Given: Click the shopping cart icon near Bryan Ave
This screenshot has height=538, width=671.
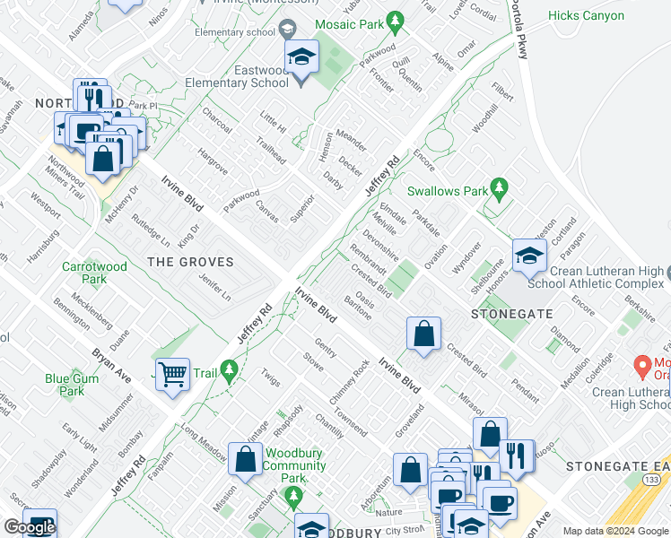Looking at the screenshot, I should pyautogui.click(x=172, y=374).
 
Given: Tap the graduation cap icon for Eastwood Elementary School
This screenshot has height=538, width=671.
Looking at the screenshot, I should pyautogui.click(x=302, y=59).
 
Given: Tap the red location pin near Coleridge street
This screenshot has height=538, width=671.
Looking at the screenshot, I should pyautogui.click(x=641, y=366).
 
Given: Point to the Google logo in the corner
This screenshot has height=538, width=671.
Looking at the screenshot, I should pyautogui.click(x=29, y=527).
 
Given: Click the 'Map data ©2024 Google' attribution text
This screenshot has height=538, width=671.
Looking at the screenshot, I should pyautogui.click(x=614, y=531).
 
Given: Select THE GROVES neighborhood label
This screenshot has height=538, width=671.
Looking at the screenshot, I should pyautogui.click(x=190, y=263).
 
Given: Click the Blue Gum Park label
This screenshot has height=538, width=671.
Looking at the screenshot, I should pyautogui.click(x=72, y=385).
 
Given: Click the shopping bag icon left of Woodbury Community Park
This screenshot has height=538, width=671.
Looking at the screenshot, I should pyautogui.click(x=245, y=459).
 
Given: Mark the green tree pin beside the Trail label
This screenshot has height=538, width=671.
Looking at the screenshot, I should pyautogui.click(x=230, y=369).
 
